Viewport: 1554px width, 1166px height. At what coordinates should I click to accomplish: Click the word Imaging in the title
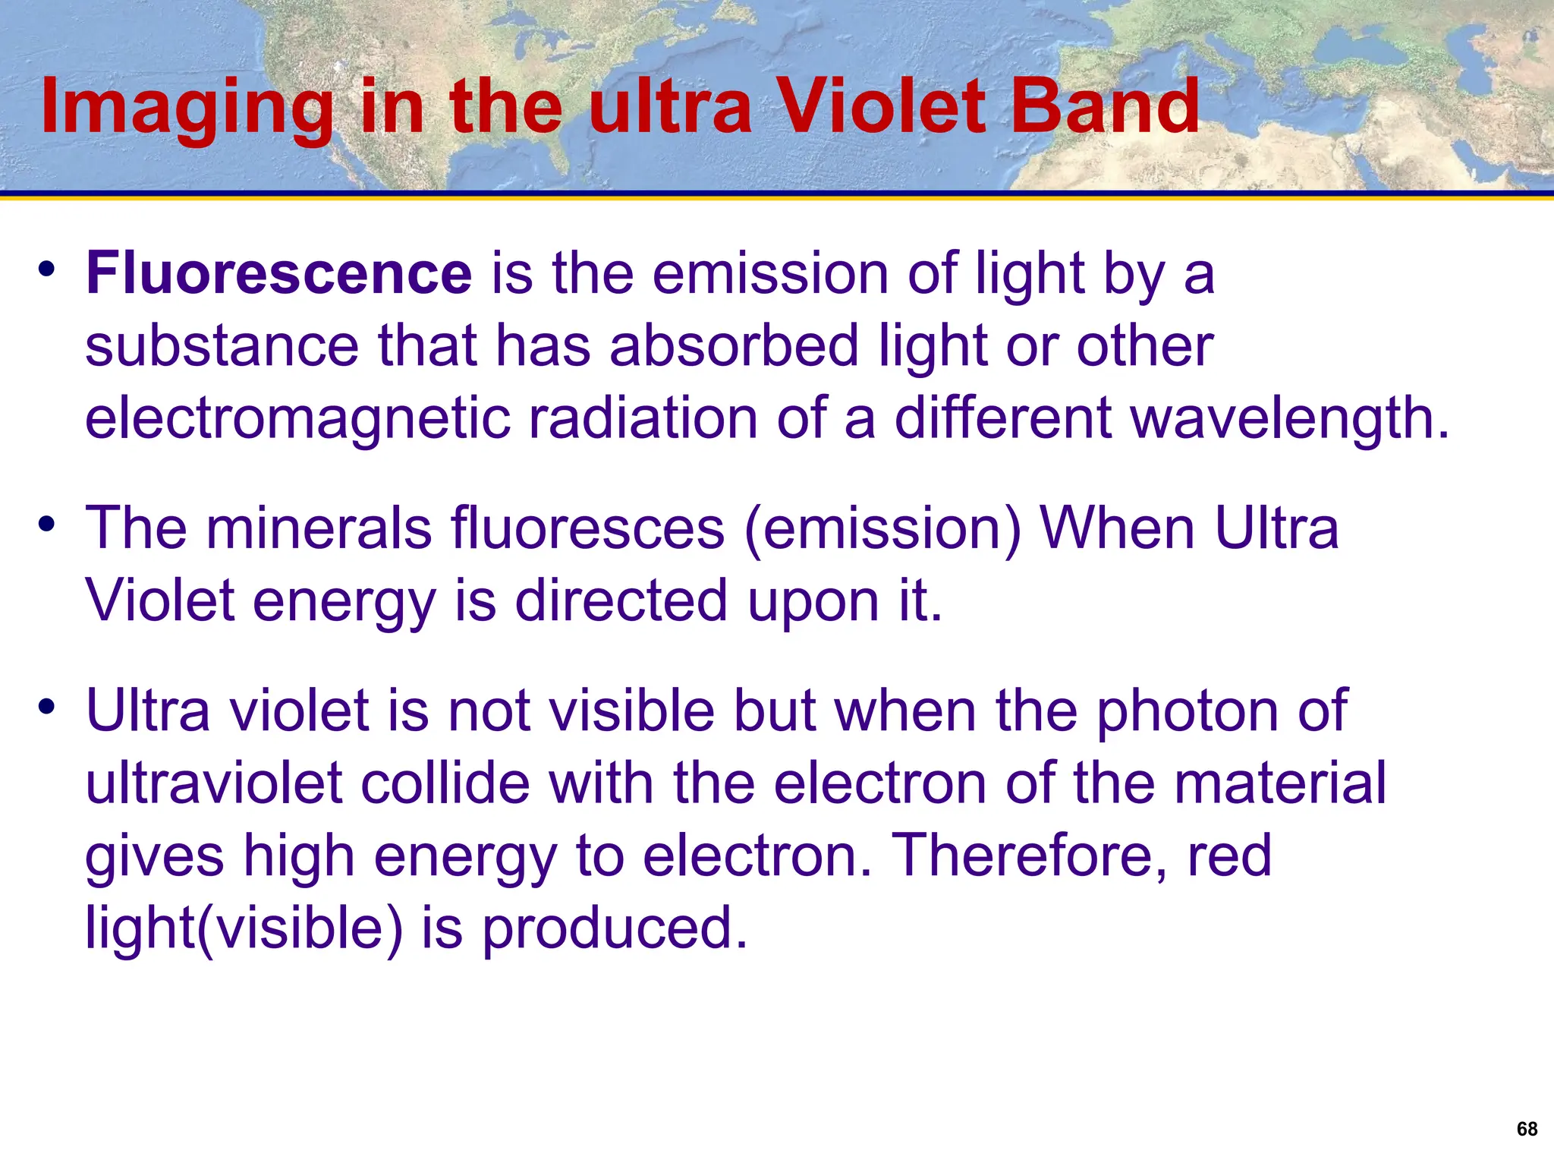(187, 108)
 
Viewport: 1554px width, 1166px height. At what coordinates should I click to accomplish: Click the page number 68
(1527, 1129)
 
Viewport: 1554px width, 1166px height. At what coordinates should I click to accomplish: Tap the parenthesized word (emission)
(884, 529)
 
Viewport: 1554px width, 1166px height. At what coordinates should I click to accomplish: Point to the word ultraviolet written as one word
(214, 783)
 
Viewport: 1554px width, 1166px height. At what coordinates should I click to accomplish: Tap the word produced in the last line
(615, 928)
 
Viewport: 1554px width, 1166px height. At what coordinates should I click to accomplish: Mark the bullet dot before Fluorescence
(47, 269)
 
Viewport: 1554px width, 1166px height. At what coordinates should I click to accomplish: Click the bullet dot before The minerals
(47, 524)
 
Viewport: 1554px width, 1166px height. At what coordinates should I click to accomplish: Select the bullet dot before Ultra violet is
(47, 707)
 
